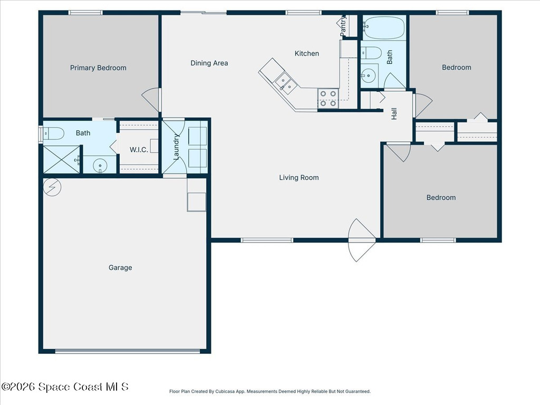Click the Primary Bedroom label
point(98,67)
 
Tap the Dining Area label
point(209,63)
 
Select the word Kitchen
point(306,53)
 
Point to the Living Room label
point(299,178)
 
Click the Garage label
point(120,268)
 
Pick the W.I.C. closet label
point(139,150)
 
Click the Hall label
point(394,113)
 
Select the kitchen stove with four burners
point(327,98)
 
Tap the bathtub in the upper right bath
point(383,28)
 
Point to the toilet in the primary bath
point(54,133)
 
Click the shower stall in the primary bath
point(61,159)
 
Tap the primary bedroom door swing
point(152,99)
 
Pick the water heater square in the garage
point(197,201)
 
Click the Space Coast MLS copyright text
point(65,387)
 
